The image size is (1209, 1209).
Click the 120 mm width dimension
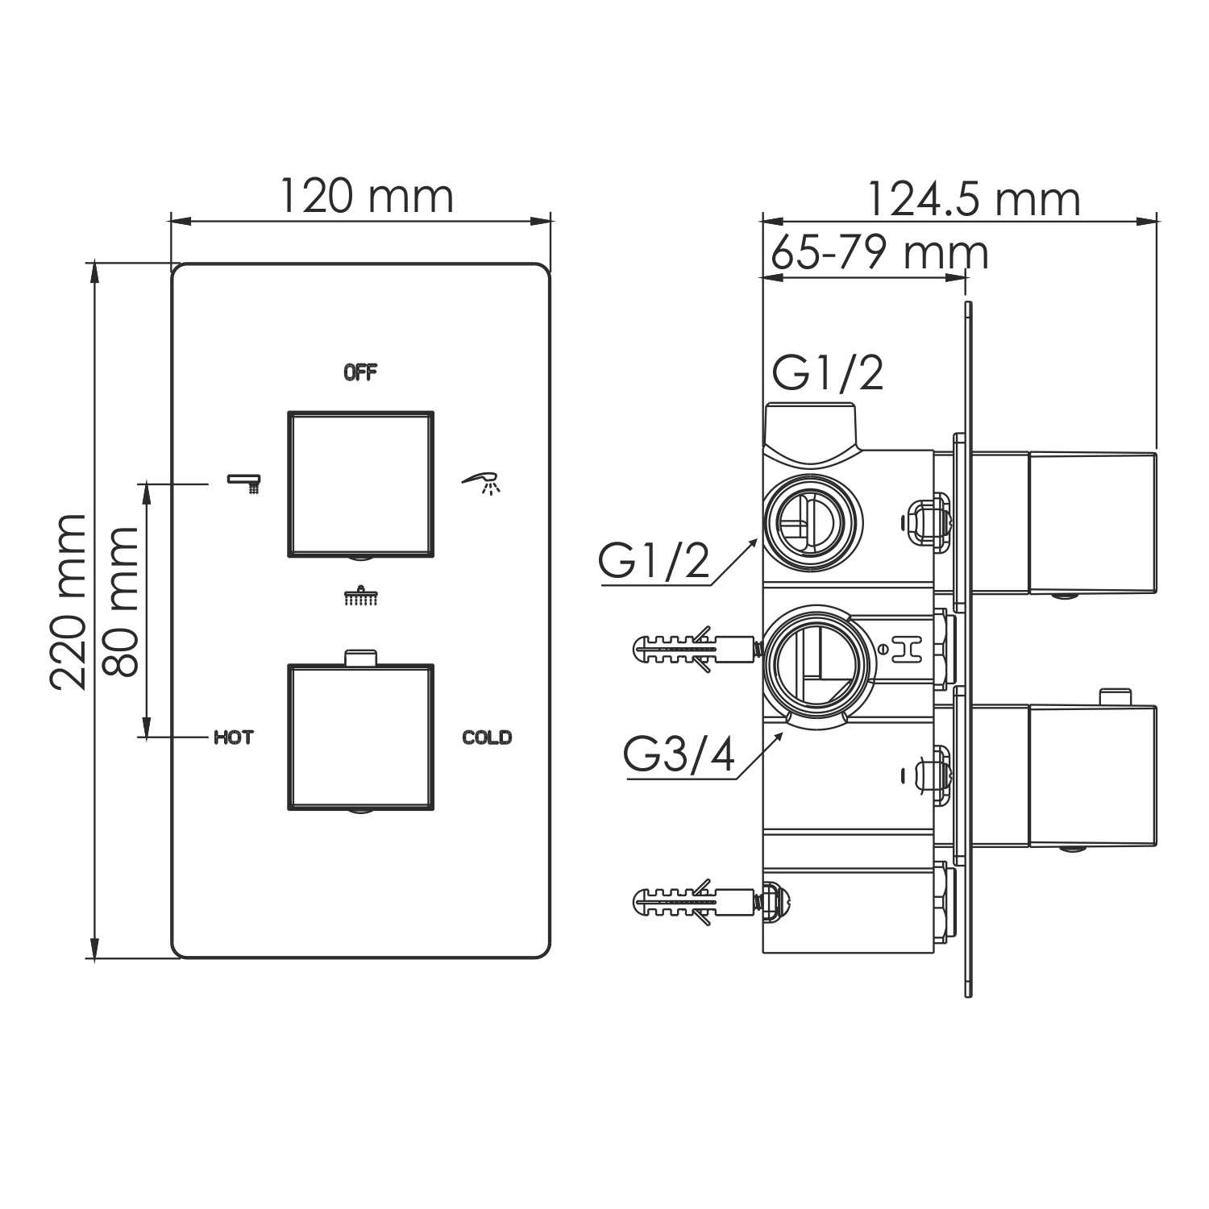pyautogui.click(x=366, y=197)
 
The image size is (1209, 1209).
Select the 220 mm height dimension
pyautogui.click(x=68, y=601)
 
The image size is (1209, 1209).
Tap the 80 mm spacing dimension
pyautogui.click(x=123, y=601)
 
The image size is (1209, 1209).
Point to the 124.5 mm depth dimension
pyautogui.click(x=973, y=200)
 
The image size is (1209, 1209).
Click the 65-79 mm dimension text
pyautogui.click(x=879, y=253)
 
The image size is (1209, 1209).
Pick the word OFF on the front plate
pyautogui.click(x=360, y=372)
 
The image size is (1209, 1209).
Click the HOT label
pyautogui.click(x=233, y=737)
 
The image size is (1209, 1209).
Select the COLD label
pyautogui.click(x=487, y=737)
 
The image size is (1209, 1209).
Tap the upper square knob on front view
pyautogui.click(x=361, y=484)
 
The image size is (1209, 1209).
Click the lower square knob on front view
pyautogui.click(x=361, y=737)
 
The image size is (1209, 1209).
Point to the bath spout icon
pyautogui.click(x=245, y=483)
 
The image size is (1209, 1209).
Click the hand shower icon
pyautogui.click(x=483, y=483)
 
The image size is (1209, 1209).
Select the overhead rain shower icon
pyautogui.click(x=361, y=596)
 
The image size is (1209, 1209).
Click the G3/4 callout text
pyautogui.click(x=679, y=755)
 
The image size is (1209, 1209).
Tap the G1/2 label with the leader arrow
pyautogui.click(x=654, y=561)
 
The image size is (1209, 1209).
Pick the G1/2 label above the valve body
pyautogui.click(x=828, y=373)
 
